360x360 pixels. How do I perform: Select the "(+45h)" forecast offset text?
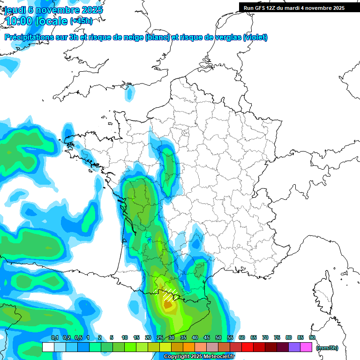(81, 21)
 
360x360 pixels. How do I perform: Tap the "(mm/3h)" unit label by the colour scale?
(327, 348)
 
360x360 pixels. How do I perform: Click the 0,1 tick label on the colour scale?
(54, 338)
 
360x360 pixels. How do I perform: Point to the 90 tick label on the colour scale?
(312, 338)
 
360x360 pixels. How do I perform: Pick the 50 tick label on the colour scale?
(218, 338)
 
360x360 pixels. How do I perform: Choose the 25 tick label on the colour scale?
(160, 338)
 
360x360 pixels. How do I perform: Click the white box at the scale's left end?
(48, 347)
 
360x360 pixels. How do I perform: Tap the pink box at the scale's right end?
(307, 347)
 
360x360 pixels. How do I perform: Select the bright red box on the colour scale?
(247, 347)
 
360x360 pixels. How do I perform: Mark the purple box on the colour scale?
(295, 347)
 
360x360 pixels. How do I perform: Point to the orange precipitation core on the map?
(168, 305)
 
